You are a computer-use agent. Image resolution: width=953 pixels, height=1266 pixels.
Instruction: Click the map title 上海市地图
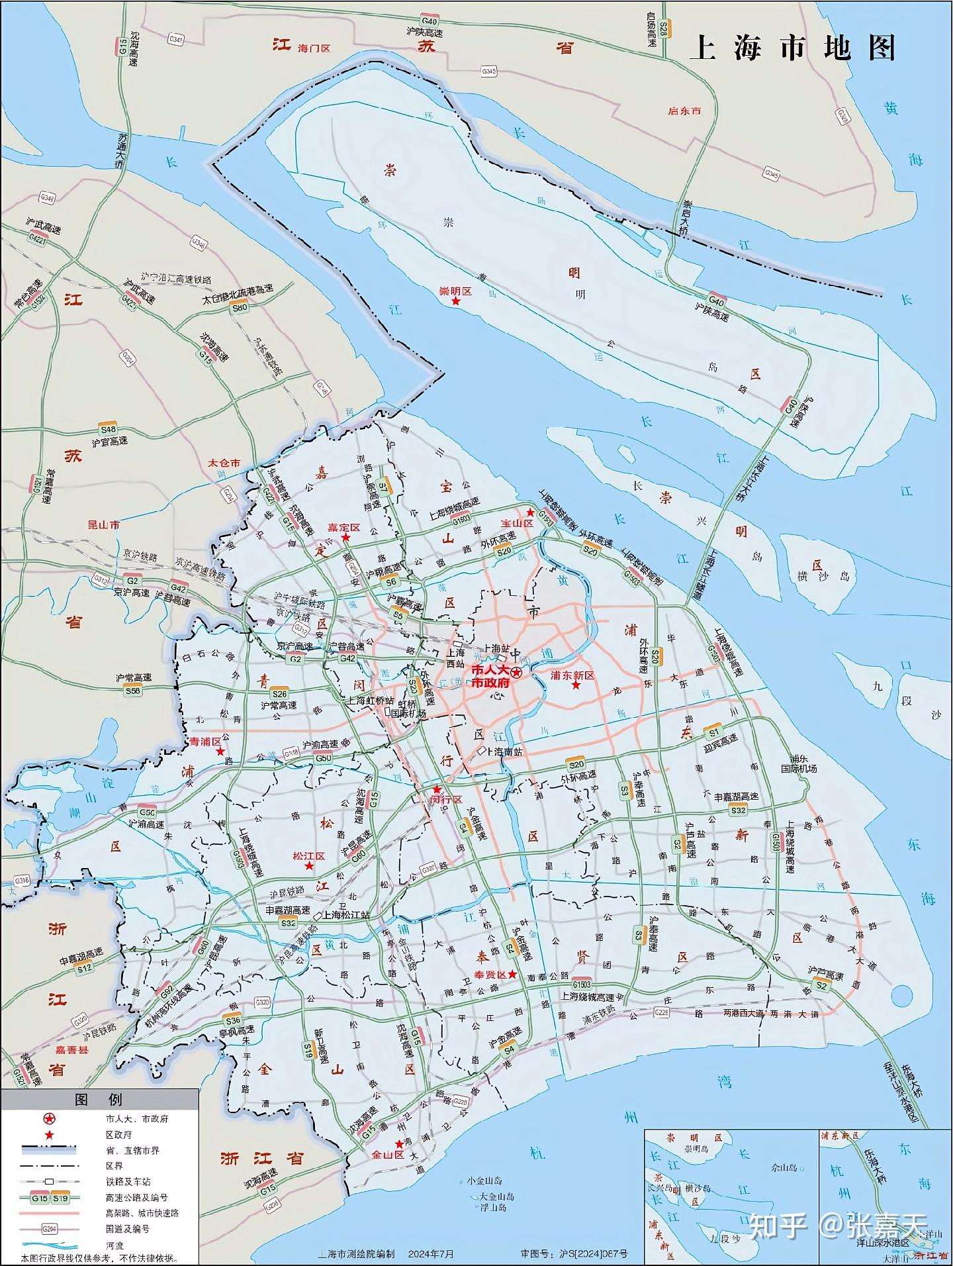coord(792,48)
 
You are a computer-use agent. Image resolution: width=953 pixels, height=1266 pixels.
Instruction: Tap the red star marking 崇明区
coord(455,302)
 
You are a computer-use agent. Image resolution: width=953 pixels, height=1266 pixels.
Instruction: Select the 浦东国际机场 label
coord(799,763)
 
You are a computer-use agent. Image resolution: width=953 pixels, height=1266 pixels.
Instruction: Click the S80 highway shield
coord(239,307)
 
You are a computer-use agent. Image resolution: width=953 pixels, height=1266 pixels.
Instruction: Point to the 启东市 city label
coord(684,111)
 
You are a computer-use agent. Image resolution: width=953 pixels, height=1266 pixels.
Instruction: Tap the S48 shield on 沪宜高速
coord(108,429)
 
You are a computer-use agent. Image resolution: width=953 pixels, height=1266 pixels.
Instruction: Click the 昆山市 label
coord(104,524)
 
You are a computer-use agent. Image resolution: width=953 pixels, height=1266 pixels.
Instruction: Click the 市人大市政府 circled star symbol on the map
coord(516,673)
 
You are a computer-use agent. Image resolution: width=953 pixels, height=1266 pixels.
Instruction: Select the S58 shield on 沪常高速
coord(133,691)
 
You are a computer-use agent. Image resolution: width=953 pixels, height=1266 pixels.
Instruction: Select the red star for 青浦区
coord(220,752)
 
